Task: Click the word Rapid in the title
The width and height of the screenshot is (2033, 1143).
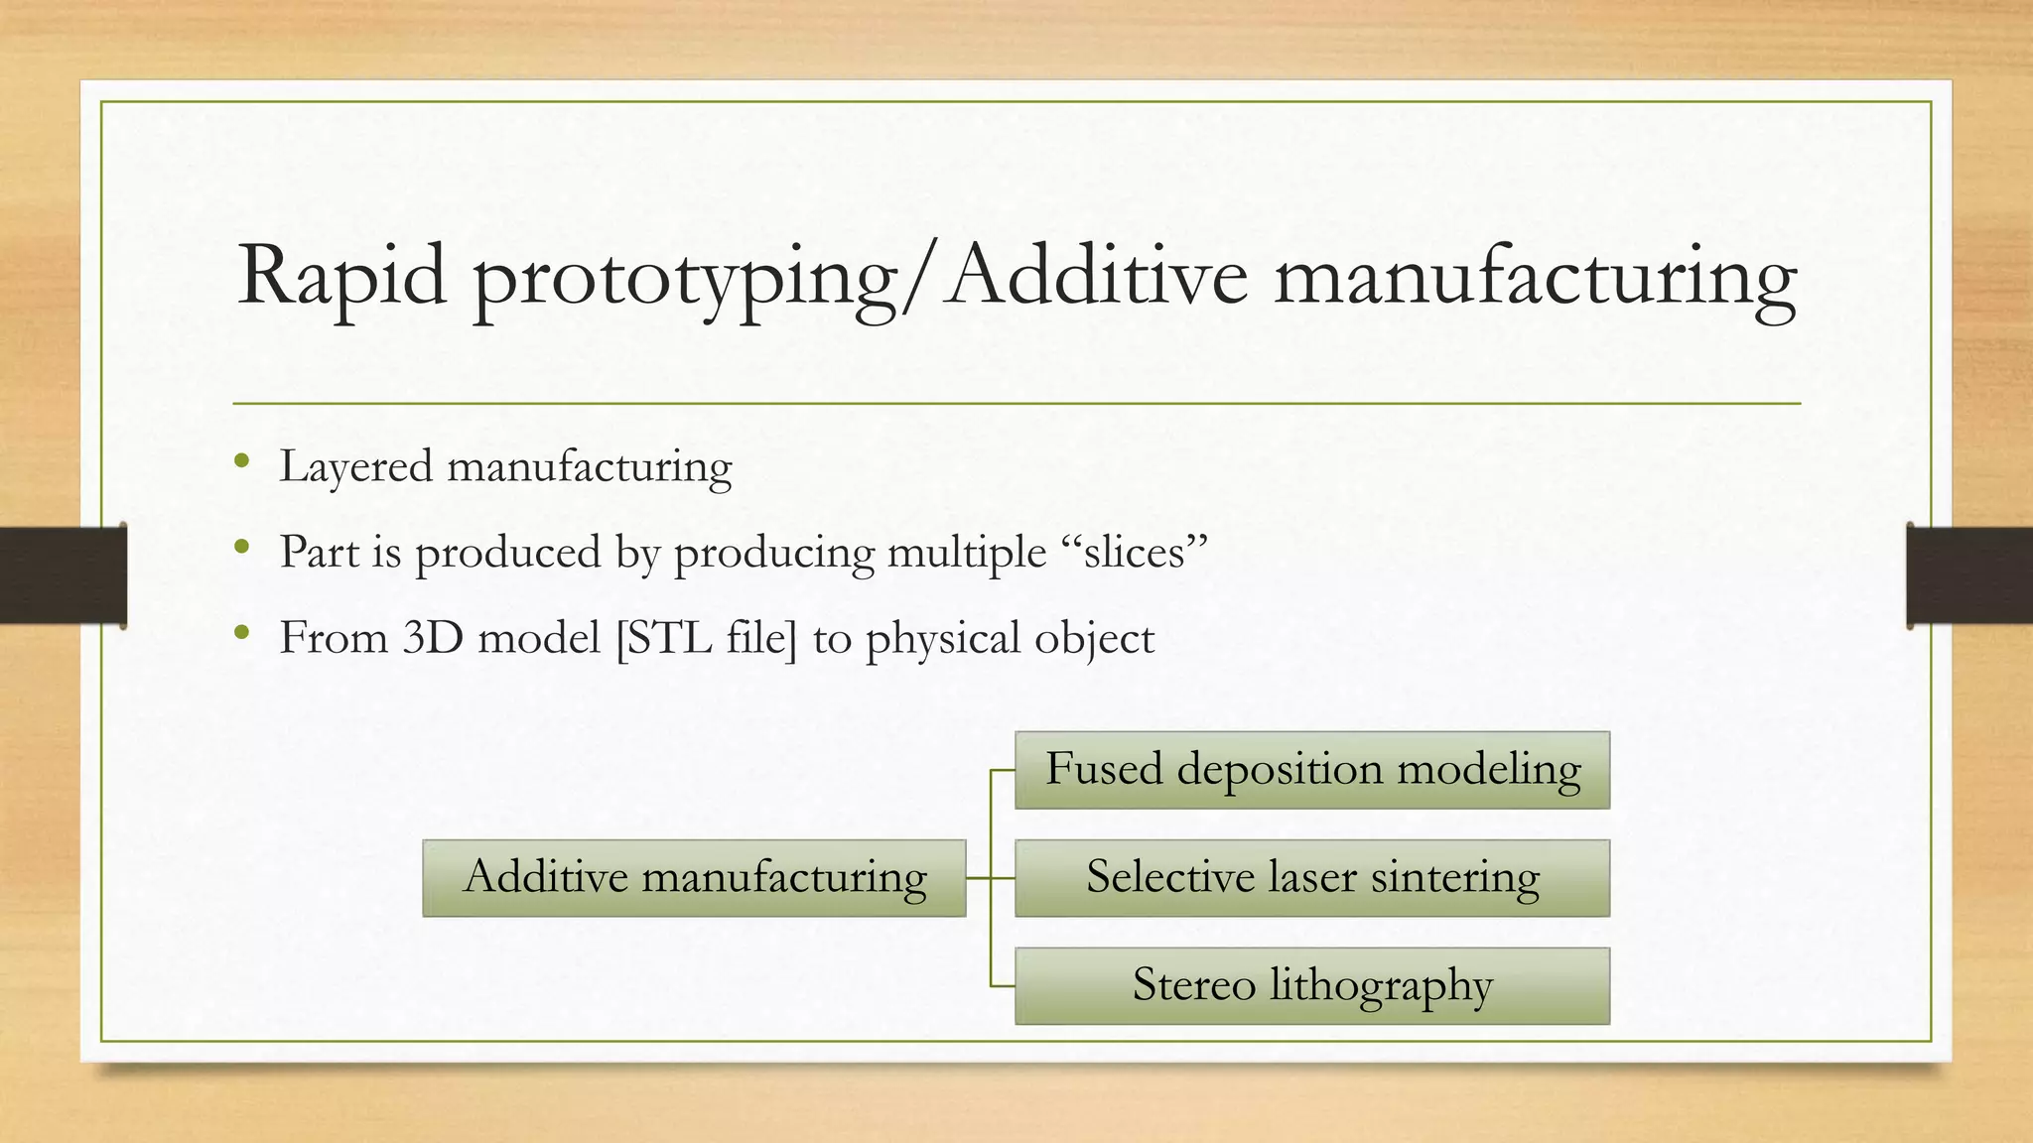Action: coord(341,277)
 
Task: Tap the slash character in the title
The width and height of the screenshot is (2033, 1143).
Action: coord(922,281)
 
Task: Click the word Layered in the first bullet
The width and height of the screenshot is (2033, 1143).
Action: coord(355,467)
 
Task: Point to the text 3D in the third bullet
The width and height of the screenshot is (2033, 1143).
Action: coord(434,638)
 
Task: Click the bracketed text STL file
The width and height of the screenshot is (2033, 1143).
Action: coord(706,638)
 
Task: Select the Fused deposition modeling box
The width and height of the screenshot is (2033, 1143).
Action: coord(1311,770)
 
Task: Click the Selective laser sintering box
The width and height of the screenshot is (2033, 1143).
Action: coord(1311,878)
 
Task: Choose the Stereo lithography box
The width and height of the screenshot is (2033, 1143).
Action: coord(1311,986)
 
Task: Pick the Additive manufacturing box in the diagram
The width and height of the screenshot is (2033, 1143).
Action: coord(694,878)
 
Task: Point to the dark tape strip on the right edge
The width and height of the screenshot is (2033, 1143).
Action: coord(1969,575)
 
